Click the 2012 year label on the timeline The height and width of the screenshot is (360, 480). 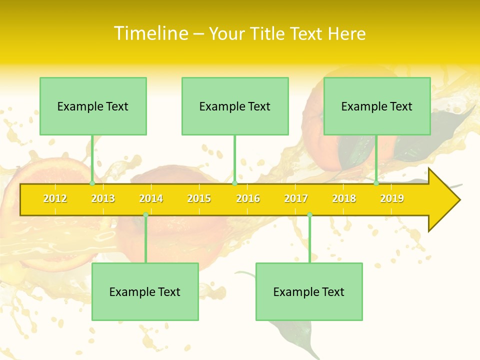(x=55, y=198)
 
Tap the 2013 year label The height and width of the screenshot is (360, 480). (x=103, y=198)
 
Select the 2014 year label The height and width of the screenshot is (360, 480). (x=151, y=198)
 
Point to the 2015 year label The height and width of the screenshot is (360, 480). (x=199, y=198)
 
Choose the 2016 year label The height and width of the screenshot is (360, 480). (x=248, y=198)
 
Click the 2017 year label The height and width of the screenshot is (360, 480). (x=296, y=198)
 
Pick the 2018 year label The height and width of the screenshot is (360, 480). (x=344, y=198)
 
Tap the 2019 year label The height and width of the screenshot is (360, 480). (x=392, y=198)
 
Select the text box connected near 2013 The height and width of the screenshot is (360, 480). (x=93, y=106)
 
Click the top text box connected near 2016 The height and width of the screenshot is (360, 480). (x=235, y=106)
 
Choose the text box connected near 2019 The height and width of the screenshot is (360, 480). (x=377, y=106)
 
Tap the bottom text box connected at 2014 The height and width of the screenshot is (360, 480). (x=145, y=291)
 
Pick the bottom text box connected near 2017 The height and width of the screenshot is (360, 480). (x=309, y=291)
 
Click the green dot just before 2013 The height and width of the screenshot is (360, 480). (x=92, y=183)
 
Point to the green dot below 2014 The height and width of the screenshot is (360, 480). (x=145, y=214)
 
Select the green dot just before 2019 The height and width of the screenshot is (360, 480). (x=376, y=183)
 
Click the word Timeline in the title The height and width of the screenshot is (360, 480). (x=151, y=33)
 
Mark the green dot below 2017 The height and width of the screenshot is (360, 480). (x=309, y=214)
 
